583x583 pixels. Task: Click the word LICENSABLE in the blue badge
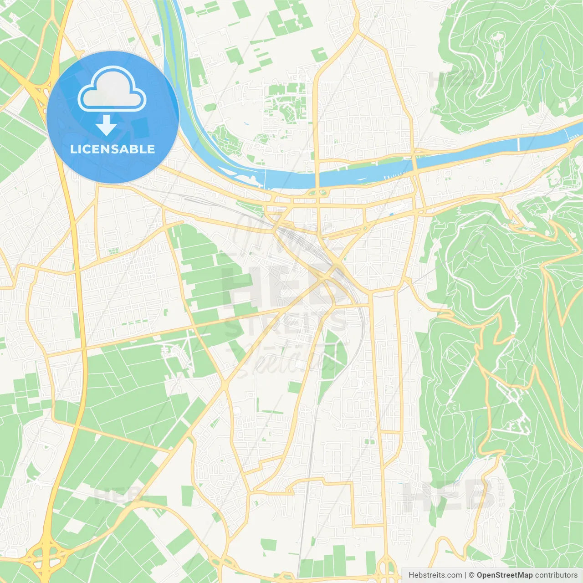click(x=113, y=149)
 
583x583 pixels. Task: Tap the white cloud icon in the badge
click(x=112, y=89)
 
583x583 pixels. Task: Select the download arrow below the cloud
click(x=106, y=125)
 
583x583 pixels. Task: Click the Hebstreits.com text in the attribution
click(x=435, y=575)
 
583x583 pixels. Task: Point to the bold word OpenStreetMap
click(x=505, y=575)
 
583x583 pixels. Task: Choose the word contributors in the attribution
click(x=556, y=575)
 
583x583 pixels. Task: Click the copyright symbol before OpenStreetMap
click(x=472, y=575)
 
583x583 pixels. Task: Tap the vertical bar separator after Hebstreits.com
click(x=465, y=575)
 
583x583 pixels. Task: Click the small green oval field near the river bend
click(x=210, y=108)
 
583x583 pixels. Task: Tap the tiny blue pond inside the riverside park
click(x=246, y=123)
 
